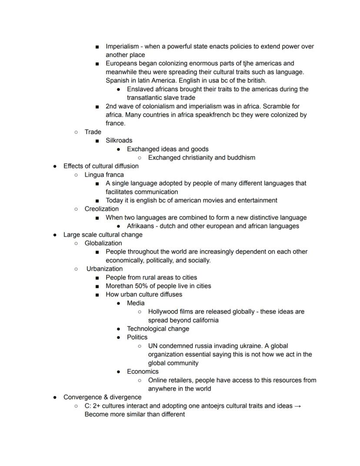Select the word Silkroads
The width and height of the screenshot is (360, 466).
point(119,141)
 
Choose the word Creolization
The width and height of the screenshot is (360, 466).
point(101,209)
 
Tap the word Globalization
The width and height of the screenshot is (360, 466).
point(103,243)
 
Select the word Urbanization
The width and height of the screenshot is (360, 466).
point(104,269)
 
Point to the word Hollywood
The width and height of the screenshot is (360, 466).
point(164,312)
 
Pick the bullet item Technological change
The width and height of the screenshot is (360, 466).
point(158,329)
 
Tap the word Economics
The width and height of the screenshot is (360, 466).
point(143,372)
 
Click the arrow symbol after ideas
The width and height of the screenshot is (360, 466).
point(297,406)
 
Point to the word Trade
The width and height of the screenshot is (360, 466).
point(93,132)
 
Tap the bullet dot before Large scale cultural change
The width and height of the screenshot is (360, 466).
point(54,235)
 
